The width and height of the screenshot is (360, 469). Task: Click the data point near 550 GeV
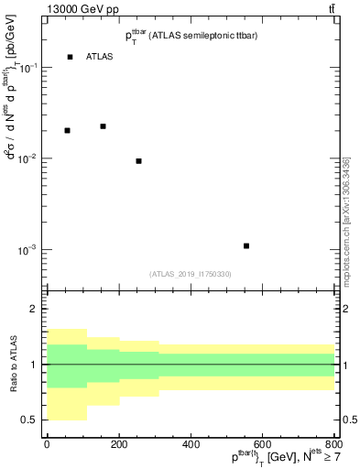tap(246, 245)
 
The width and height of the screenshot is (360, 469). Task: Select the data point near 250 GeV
tap(138, 161)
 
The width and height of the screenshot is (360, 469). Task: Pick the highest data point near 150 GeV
tap(103, 126)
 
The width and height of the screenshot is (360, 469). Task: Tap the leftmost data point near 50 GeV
tap(67, 130)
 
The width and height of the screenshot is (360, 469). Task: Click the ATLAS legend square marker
tap(70, 57)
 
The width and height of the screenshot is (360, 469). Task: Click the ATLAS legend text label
tap(100, 57)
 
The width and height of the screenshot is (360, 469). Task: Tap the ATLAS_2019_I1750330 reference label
tap(191, 274)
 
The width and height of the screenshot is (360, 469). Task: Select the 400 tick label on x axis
tap(191, 445)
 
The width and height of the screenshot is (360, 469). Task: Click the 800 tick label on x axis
tap(333, 445)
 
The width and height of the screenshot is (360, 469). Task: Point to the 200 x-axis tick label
tap(118, 445)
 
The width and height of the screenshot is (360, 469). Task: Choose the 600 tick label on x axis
tap(262, 445)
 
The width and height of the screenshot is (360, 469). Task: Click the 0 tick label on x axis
tap(47, 445)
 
